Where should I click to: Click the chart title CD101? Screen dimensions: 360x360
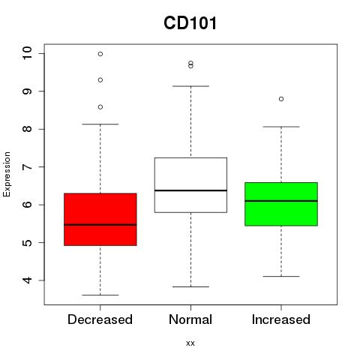[190, 23]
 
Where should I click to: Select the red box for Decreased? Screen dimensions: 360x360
[100, 219]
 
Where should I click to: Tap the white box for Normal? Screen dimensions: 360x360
[190, 185]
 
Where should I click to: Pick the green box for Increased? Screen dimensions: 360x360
[281, 204]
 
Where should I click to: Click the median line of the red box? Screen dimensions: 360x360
[100, 225]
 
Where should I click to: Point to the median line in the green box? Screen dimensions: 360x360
[281, 201]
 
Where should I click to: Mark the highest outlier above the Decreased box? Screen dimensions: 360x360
[100, 54]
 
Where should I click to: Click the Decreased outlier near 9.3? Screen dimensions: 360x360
[100, 80]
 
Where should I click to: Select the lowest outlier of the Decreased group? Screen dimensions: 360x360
[100, 107]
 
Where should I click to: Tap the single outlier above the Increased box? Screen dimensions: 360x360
[281, 99]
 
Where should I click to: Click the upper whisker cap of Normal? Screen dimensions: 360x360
[190, 86]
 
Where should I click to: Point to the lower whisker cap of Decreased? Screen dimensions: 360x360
[100, 295]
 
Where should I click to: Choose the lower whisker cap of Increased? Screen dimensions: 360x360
[281, 276]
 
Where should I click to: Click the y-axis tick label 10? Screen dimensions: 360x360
[27, 53]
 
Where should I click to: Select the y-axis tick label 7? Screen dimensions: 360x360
[27, 166]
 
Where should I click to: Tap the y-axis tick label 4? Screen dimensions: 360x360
[27, 280]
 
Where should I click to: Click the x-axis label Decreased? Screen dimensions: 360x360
[100, 319]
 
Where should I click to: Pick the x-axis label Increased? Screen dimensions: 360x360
[281, 319]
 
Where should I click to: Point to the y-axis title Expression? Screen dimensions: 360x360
[7, 174]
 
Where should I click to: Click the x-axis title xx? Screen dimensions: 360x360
[190, 343]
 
